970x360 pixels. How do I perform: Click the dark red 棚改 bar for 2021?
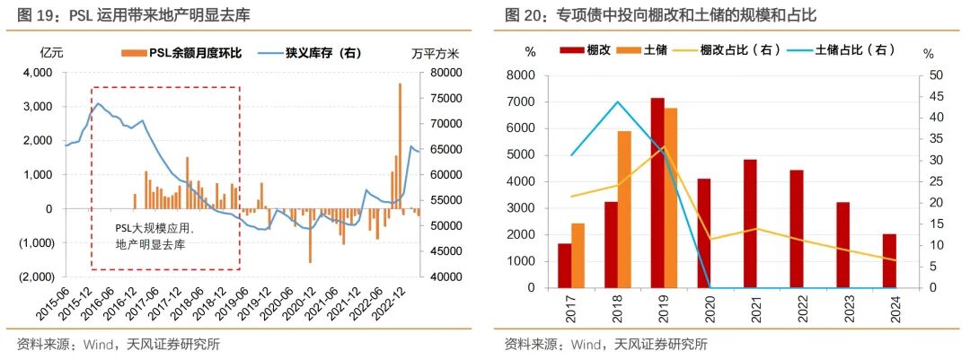[x=750, y=224]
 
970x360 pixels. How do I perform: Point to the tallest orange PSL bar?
[x=400, y=144]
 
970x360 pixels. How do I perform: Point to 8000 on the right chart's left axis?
[x=524, y=75]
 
